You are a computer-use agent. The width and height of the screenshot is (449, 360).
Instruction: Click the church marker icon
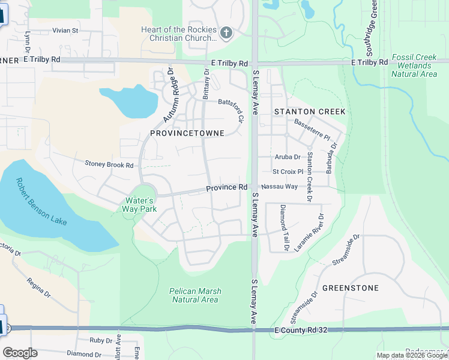point(226,33)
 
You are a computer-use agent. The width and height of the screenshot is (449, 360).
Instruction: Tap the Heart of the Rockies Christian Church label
point(178,34)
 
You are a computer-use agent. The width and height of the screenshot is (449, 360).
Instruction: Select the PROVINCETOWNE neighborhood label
point(187,133)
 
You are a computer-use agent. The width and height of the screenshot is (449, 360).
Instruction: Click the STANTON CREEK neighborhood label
point(310,112)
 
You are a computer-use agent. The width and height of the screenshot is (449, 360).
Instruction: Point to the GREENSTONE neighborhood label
point(351,288)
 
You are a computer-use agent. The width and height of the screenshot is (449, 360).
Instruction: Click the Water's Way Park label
point(140,205)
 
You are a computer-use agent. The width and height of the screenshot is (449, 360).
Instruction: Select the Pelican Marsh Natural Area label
point(195,295)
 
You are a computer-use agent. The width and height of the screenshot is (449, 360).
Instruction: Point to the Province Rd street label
point(227,188)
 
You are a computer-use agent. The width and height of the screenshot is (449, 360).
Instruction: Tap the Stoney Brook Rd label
point(109,164)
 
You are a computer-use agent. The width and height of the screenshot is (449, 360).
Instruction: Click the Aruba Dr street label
point(287,157)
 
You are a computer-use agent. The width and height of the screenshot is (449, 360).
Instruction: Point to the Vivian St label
point(65,30)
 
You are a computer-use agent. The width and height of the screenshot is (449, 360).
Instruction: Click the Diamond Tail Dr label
point(283,227)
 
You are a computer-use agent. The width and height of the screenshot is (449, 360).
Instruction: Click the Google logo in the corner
point(20,353)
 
